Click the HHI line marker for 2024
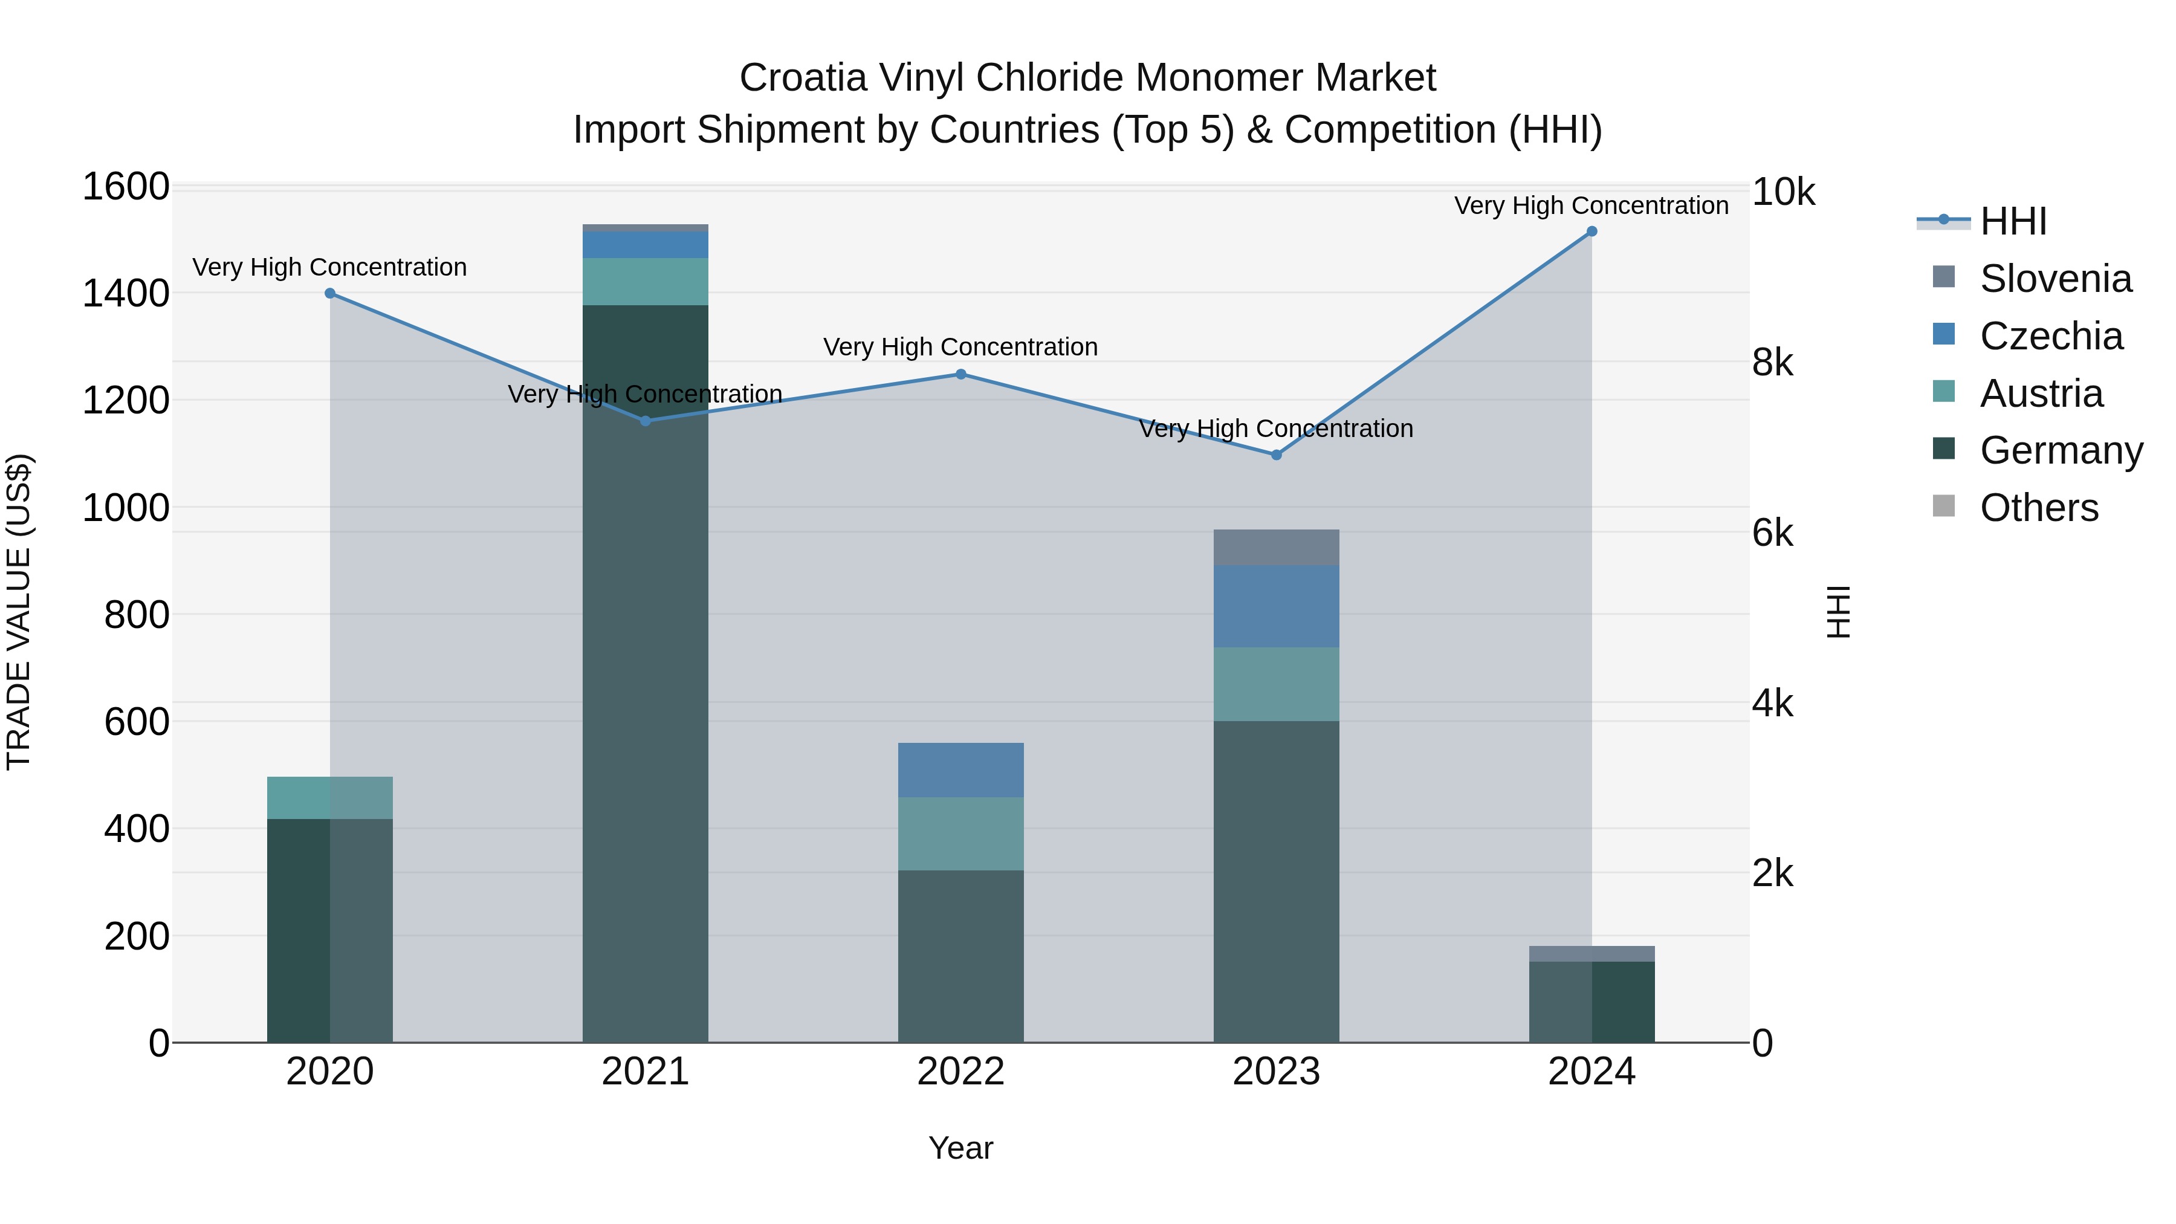[x=1592, y=232]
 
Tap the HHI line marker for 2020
[x=330, y=293]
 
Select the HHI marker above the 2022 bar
[x=960, y=374]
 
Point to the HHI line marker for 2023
[x=1277, y=455]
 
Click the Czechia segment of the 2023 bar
[x=1277, y=606]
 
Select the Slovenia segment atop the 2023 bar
[x=1277, y=548]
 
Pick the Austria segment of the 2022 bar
[x=960, y=834]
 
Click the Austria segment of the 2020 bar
[x=330, y=797]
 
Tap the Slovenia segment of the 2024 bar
[x=1592, y=954]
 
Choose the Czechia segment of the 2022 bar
[x=960, y=769]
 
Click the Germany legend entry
[x=2061, y=450]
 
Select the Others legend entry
[x=2038, y=508]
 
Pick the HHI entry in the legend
[x=2013, y=221]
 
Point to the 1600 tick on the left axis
[x=126, y=187]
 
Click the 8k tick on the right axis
[x=1772, y=363]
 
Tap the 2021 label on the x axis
[x=646, y=1072]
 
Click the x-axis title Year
[x=960, y=1148]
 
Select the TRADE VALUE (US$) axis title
[x=19, y=612]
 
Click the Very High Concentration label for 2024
[x=1592, y=206]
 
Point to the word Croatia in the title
[x=803, y=78]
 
